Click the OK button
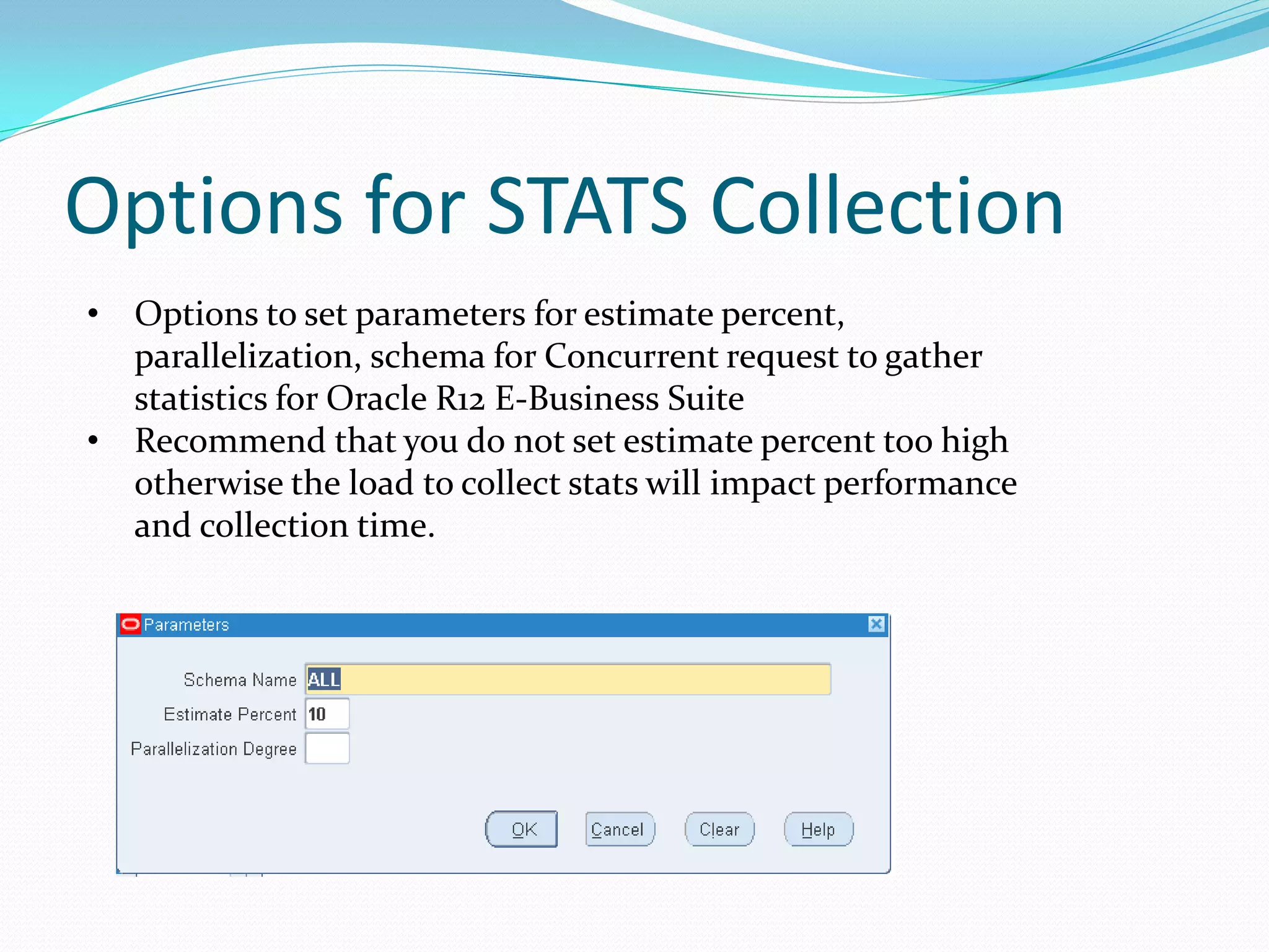coord(521,829)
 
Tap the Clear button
coord(719,829)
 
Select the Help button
coord(818,829)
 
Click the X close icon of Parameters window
coord(876,624)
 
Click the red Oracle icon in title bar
coord(130,624)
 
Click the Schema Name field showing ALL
coord(568,679)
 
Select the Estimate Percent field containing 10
coord(327,714)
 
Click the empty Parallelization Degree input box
coord(327,749)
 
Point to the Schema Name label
coord(240,680)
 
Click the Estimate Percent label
coord(230,715)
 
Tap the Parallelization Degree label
coord(213,749)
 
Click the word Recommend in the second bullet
coord(230,441)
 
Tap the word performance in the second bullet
coord(920,484)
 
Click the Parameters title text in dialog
coord(186,625)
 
